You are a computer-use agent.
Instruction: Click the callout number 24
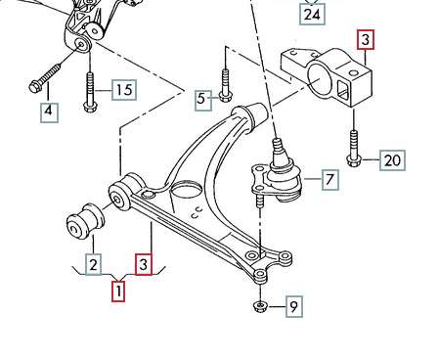312,15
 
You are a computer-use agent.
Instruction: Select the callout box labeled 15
124,90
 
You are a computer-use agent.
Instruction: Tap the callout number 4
49,112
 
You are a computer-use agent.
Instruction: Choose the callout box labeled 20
392,160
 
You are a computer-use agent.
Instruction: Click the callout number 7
330,180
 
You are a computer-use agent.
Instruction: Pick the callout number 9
294,306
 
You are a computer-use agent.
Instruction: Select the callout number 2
93,264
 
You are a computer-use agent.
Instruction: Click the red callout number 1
118,292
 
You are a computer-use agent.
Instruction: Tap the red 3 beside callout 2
144,264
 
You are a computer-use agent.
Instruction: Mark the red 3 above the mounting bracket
366,40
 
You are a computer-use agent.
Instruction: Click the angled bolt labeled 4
45,78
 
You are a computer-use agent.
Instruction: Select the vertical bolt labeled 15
91,92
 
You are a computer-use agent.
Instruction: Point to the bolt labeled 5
225,85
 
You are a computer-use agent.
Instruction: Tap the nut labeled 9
260,306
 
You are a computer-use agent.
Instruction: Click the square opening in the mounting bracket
343,90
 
